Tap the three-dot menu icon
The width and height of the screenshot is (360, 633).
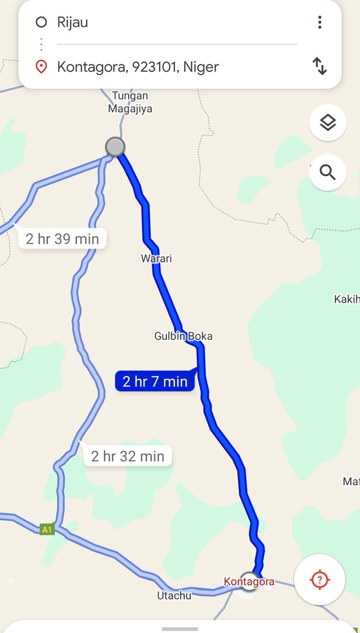[319, 22]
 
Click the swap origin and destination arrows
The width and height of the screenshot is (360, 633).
[319, 66]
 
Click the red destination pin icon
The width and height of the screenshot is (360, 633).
[41, 67]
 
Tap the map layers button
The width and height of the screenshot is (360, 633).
[327, 123]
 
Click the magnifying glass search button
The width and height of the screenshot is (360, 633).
[327, 172]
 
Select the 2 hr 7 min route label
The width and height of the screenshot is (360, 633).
[155, 381]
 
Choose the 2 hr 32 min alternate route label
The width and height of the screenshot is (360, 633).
[128, 456]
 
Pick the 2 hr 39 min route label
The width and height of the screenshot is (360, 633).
[62, 239]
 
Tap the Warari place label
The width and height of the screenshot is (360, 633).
[157, 258]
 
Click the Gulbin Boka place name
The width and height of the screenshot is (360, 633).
[183, 336]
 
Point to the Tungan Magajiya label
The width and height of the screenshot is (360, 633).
[130, 102]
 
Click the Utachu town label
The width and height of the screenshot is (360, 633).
[174, 596]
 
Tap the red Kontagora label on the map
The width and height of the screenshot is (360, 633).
[249, 582]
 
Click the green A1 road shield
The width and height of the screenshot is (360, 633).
[47, 529]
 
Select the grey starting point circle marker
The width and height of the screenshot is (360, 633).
[115, 147]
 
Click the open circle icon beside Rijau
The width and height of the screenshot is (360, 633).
[41, 22]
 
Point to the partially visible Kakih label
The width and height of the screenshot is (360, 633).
[347, 299]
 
